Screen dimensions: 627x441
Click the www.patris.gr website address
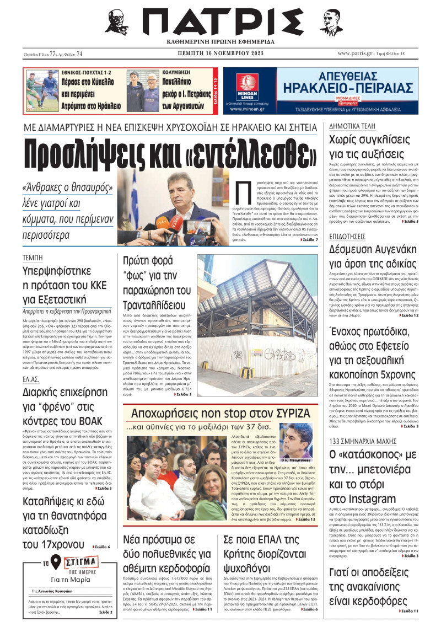(361, 53)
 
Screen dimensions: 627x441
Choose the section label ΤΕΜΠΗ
(33, 258)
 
